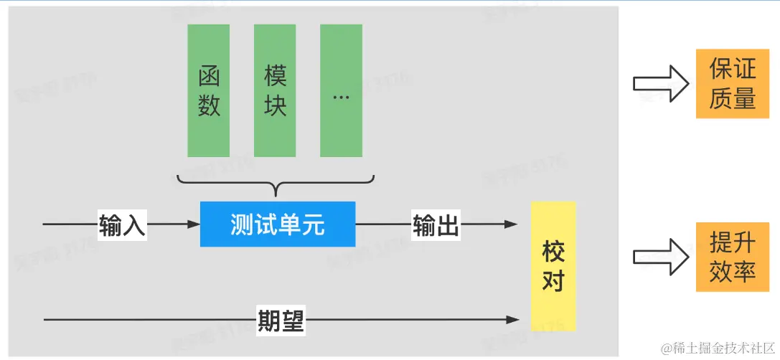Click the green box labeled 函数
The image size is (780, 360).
click(x=209, y=90)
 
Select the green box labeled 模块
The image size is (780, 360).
click(x=275, y=90)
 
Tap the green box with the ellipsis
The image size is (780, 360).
click(x=341, y=90)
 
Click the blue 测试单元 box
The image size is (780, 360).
click(x=278, y=224)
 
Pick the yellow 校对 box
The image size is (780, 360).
click(x=553, y=266)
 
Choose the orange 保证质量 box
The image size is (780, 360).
click(x=733, y=85)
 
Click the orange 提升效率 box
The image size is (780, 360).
click(x=733, y=257)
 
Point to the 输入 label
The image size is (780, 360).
click(x=123, y=225)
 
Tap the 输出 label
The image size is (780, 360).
click(x=436, y=225)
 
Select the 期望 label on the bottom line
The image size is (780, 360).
click(x=281, y=319)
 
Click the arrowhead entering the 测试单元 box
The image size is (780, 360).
click(x=194, y=225)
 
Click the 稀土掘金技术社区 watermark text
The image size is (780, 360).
click(x=718, y=349)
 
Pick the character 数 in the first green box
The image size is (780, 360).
click(x=209, y=105)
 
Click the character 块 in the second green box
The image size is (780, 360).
click(x=275, y=105)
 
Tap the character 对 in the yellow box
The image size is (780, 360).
click(x=553, y=280)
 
